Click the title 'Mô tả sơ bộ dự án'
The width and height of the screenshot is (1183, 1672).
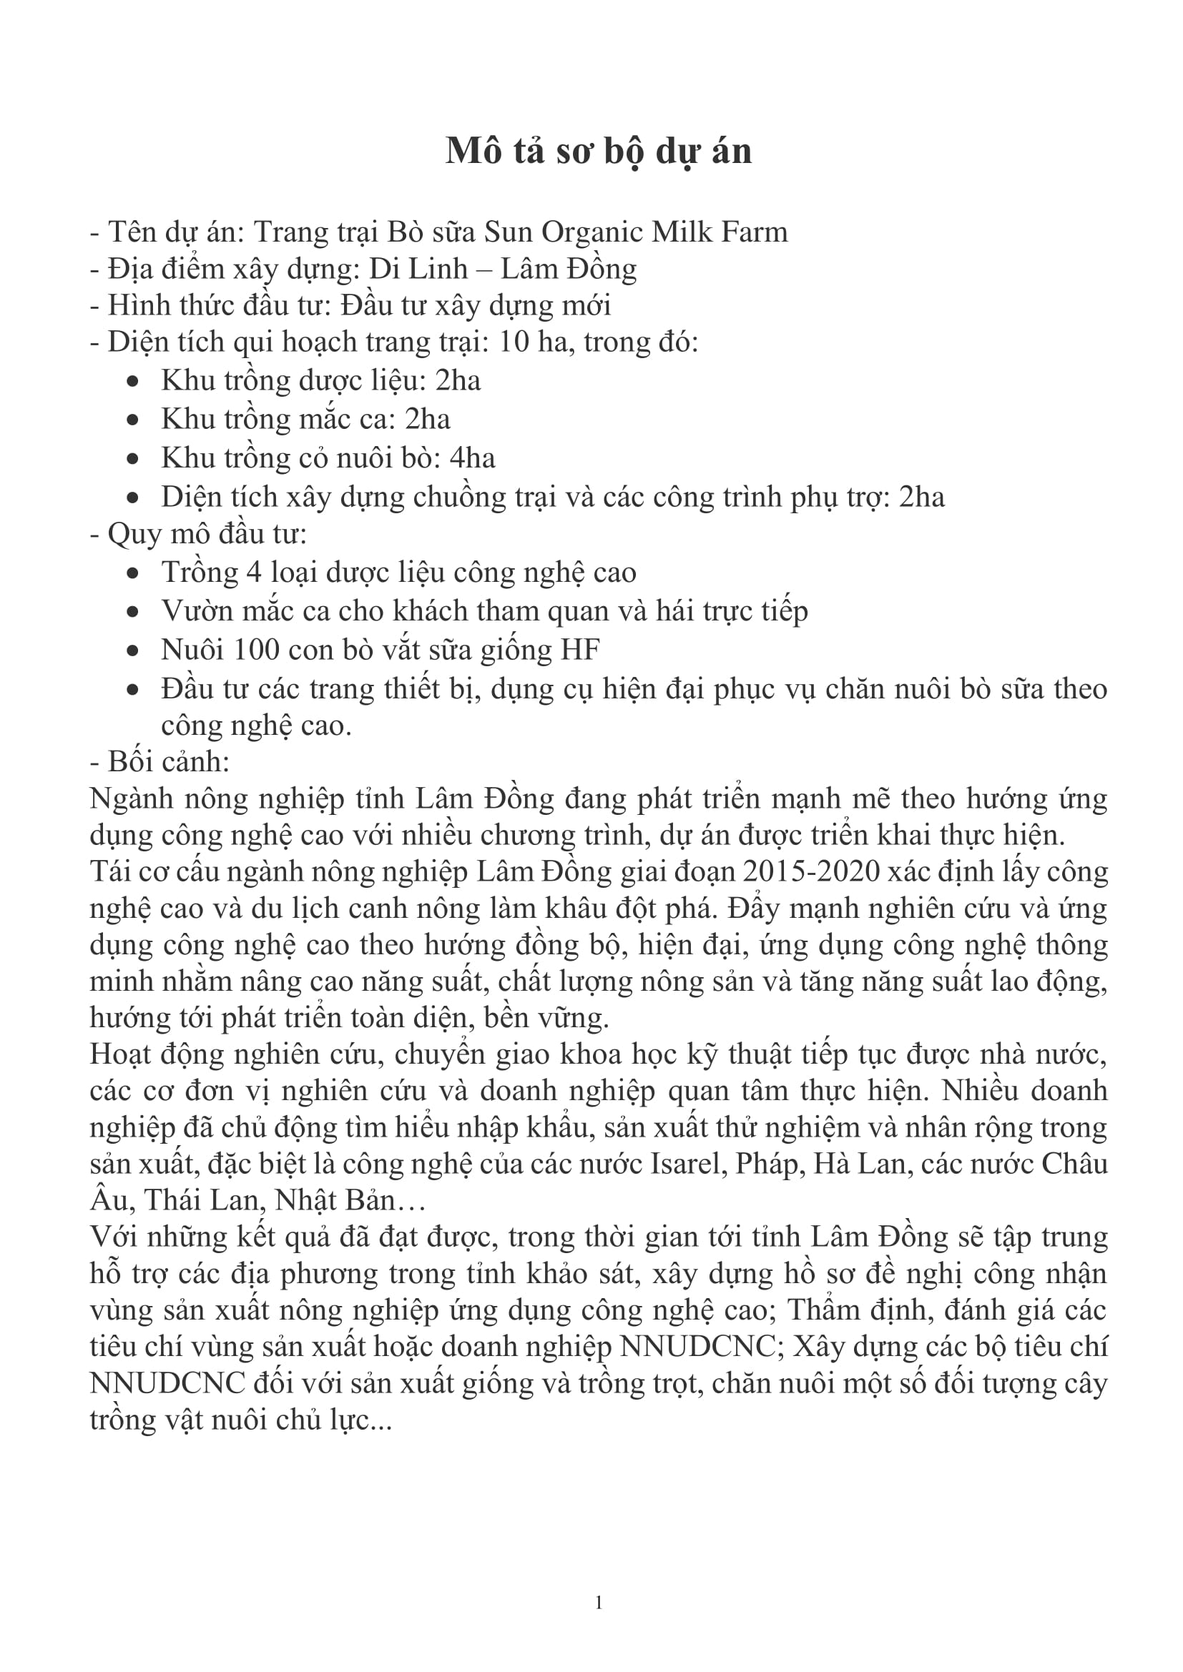pos(598,152)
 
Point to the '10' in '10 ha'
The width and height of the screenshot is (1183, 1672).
pos(514,342)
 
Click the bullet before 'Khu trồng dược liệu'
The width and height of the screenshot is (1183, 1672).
pos(132,382)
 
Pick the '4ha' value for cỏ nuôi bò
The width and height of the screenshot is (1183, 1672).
pos(472,458)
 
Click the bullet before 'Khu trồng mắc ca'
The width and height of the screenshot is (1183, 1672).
pos(132,420)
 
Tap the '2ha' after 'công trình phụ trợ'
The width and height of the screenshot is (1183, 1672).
pos(921,497)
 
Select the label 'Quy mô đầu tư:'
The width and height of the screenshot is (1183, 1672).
pos(198,534)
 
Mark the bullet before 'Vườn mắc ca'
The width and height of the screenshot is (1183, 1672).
pos(132,612)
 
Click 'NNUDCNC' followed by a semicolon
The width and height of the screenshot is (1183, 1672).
pos(697,1347)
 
